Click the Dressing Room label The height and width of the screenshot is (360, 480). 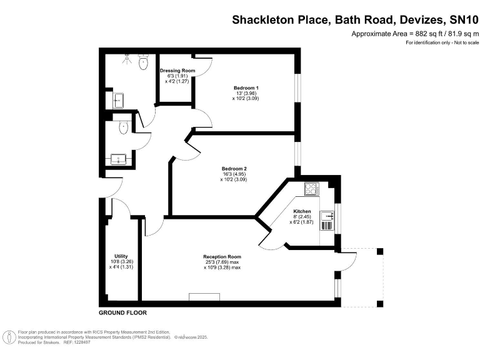[x=177, y=71]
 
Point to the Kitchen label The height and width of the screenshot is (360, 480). [x=302, y=211]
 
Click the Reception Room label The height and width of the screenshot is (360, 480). [x=222, y=257]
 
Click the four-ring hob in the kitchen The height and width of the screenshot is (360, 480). [x=311, y=188]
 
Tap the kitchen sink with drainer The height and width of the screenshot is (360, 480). [x=327, y=220]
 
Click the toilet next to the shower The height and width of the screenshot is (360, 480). [x=144, y=61]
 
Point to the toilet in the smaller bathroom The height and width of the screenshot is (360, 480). [x=123, y=127]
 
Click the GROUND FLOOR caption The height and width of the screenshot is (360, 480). [x=122, y=312]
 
